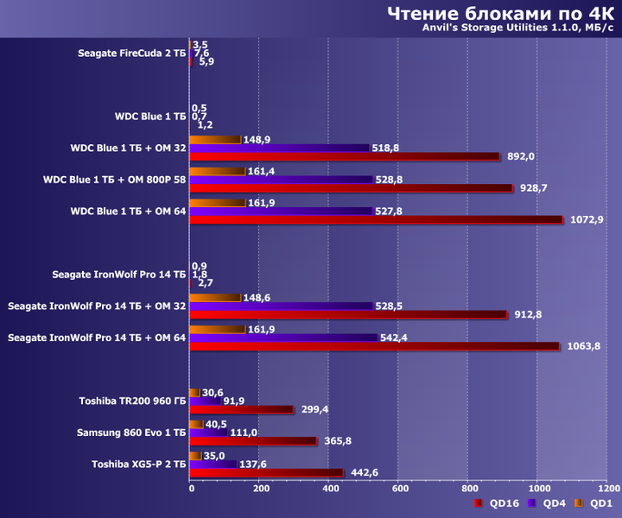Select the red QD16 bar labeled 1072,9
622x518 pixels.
pos(376,219)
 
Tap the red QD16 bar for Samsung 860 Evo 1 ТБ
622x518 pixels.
pos(252,441)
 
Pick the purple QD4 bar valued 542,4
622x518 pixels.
pos(283,338)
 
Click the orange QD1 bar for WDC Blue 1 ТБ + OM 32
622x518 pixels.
pos(214,140)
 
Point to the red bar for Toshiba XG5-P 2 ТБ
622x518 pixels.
pos(266,472)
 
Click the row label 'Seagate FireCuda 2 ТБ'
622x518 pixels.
pos(131,53)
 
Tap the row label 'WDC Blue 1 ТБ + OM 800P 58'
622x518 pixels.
pos(114,180)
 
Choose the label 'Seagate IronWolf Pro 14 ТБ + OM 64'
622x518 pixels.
pos(96,338)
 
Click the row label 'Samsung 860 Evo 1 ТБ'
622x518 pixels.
pos(130,432)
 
